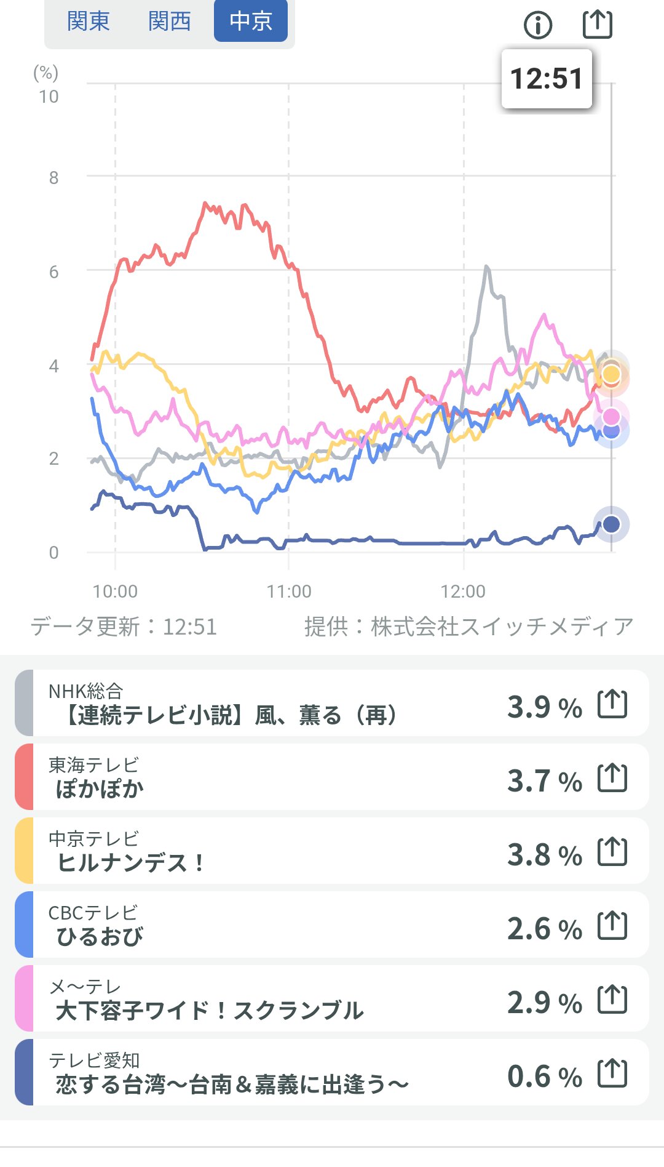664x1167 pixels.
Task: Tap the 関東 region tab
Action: pyautogui.click(x=89, y=22)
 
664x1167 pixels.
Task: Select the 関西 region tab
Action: pyautogui.click(x=170, y=22)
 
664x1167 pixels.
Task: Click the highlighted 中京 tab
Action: pyautogui.click(x=250, y=22)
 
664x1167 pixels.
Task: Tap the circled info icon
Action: pyautogui.click(x=538, y=25)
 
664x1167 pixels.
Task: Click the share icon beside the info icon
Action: pyautogui.click(x=597, y=24)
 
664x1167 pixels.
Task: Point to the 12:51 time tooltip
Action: pyautogui.click(x=547, y=79)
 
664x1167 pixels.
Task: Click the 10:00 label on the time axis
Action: pyautogui.click(x=115, y=592)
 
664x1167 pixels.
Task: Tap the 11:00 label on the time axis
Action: pyautogui.click(x=289, y=592)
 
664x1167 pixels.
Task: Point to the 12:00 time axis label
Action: pyautogui.click(x=463, y=592)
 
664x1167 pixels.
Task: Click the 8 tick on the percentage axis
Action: pyautogui.click(x=54, y=178)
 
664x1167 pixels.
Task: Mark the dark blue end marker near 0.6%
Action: pyautogui.click(x=611, y=524)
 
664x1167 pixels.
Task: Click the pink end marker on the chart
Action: pyautogui.click(x=611, y=417)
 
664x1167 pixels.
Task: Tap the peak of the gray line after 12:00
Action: pyautogui.click(x=486, y=267)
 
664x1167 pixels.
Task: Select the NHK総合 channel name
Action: pyautogui.click(x=86, y=691)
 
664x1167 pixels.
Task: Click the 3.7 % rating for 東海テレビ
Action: pyautogui.click(x=544, y=781)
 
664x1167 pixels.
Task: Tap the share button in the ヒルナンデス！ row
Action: pyautogui.click(x=612, y=852)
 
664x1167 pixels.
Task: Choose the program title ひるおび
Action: pyautogui.click(x=100, y=937)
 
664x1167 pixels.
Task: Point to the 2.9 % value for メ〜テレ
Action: pyautogui.click(x=544, y=1003)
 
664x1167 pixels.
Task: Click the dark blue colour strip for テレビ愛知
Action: pyautogui.click(x=24, y=1072)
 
